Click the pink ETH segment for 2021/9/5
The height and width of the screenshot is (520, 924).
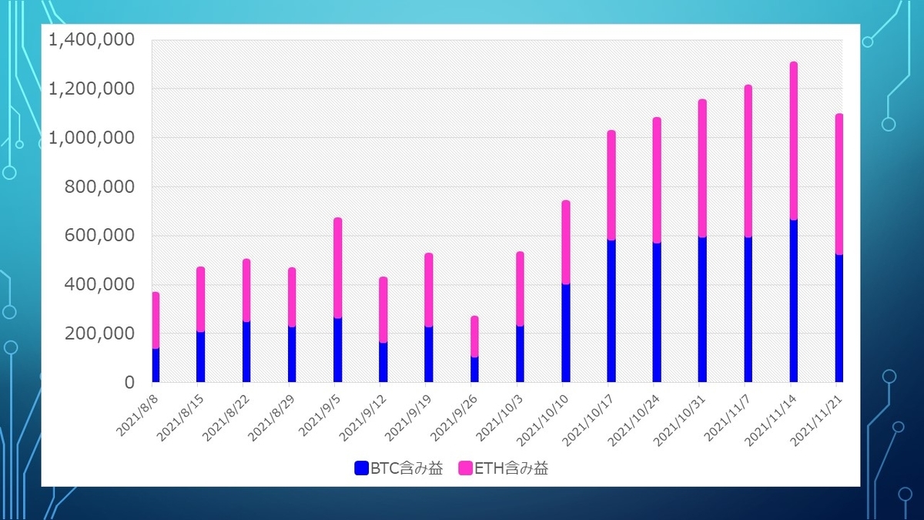tap(338, 267)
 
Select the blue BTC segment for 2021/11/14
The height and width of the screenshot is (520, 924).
tap(794, 301)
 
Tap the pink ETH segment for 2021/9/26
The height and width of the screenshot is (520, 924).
tap(475, 337)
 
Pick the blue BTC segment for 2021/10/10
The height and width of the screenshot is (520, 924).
tap(566, 333)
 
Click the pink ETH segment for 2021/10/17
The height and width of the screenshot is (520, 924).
tap(611, 185)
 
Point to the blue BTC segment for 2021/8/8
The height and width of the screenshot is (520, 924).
tap(156, 365)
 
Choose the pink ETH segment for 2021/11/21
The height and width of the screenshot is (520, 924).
tap(839, 184)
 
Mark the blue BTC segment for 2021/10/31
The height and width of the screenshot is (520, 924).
tap(702, 310)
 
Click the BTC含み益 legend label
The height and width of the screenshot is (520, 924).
tap(407, 468)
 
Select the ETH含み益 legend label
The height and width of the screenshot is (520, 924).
tap(511, 468)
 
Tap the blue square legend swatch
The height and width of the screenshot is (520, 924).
tap(361, 468)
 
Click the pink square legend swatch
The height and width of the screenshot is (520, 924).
tap(465, 468)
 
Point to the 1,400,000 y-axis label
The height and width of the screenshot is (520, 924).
tap(92, 40)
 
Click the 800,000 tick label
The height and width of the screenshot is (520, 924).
tap(99, 187)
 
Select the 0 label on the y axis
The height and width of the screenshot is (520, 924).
tap(129, 383)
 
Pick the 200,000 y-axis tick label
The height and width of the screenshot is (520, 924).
tap(99, 334)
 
